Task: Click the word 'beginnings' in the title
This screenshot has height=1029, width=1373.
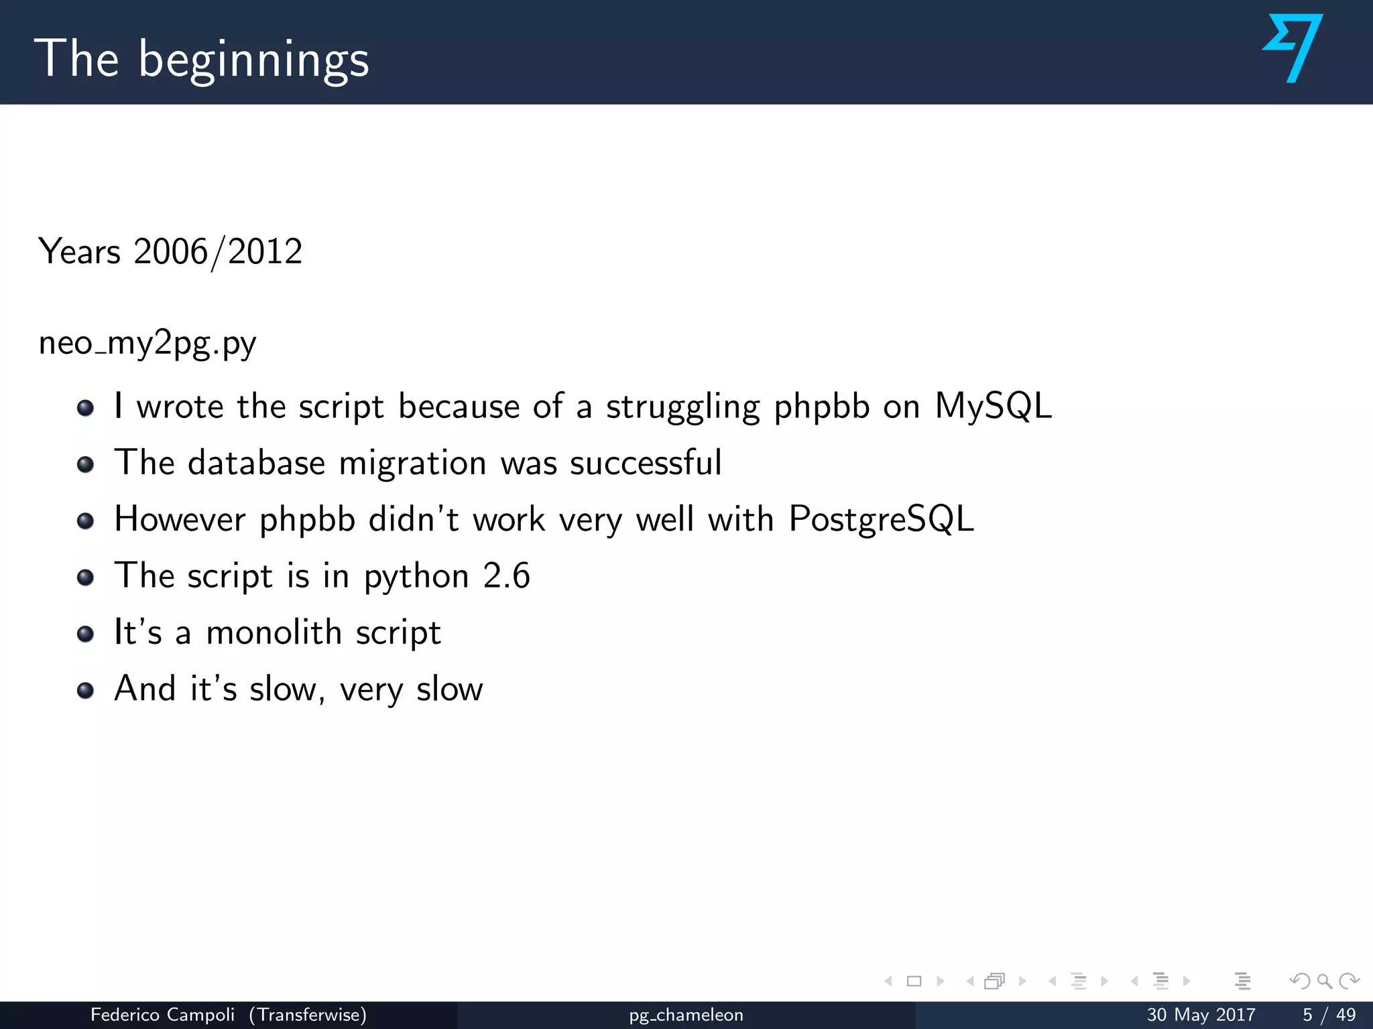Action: coord(253,60)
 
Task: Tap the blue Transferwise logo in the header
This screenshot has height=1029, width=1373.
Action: coord(1293,48)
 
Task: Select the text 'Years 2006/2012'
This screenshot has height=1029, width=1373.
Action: coord(170,252)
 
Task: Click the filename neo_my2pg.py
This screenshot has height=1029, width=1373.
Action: coord(147,344)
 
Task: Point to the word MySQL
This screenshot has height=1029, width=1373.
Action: coord(993,406)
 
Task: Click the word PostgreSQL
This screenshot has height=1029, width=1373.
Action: coord(881,519)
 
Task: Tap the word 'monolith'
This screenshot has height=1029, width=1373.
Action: coord(274,632)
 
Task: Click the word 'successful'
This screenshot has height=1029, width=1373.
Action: coord(646,463)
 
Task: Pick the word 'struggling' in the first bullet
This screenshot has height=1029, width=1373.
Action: coord(683,407)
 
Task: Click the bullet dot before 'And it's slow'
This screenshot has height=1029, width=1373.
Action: coord(85,690)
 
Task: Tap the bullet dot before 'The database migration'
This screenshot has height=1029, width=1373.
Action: coord(85,464)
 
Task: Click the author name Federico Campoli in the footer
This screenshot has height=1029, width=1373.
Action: coord(162,1015)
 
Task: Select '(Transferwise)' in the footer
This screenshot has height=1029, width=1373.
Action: coord(308,1015)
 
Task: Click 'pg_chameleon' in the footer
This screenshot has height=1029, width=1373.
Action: coord(686,1016)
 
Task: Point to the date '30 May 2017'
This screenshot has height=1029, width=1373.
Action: coord(1201,1015)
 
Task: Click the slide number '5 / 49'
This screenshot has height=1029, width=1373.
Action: coord(1329,1015)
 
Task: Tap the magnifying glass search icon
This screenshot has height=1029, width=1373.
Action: coord(1324,981)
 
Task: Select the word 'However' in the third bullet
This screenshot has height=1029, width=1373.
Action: coord(180,519)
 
